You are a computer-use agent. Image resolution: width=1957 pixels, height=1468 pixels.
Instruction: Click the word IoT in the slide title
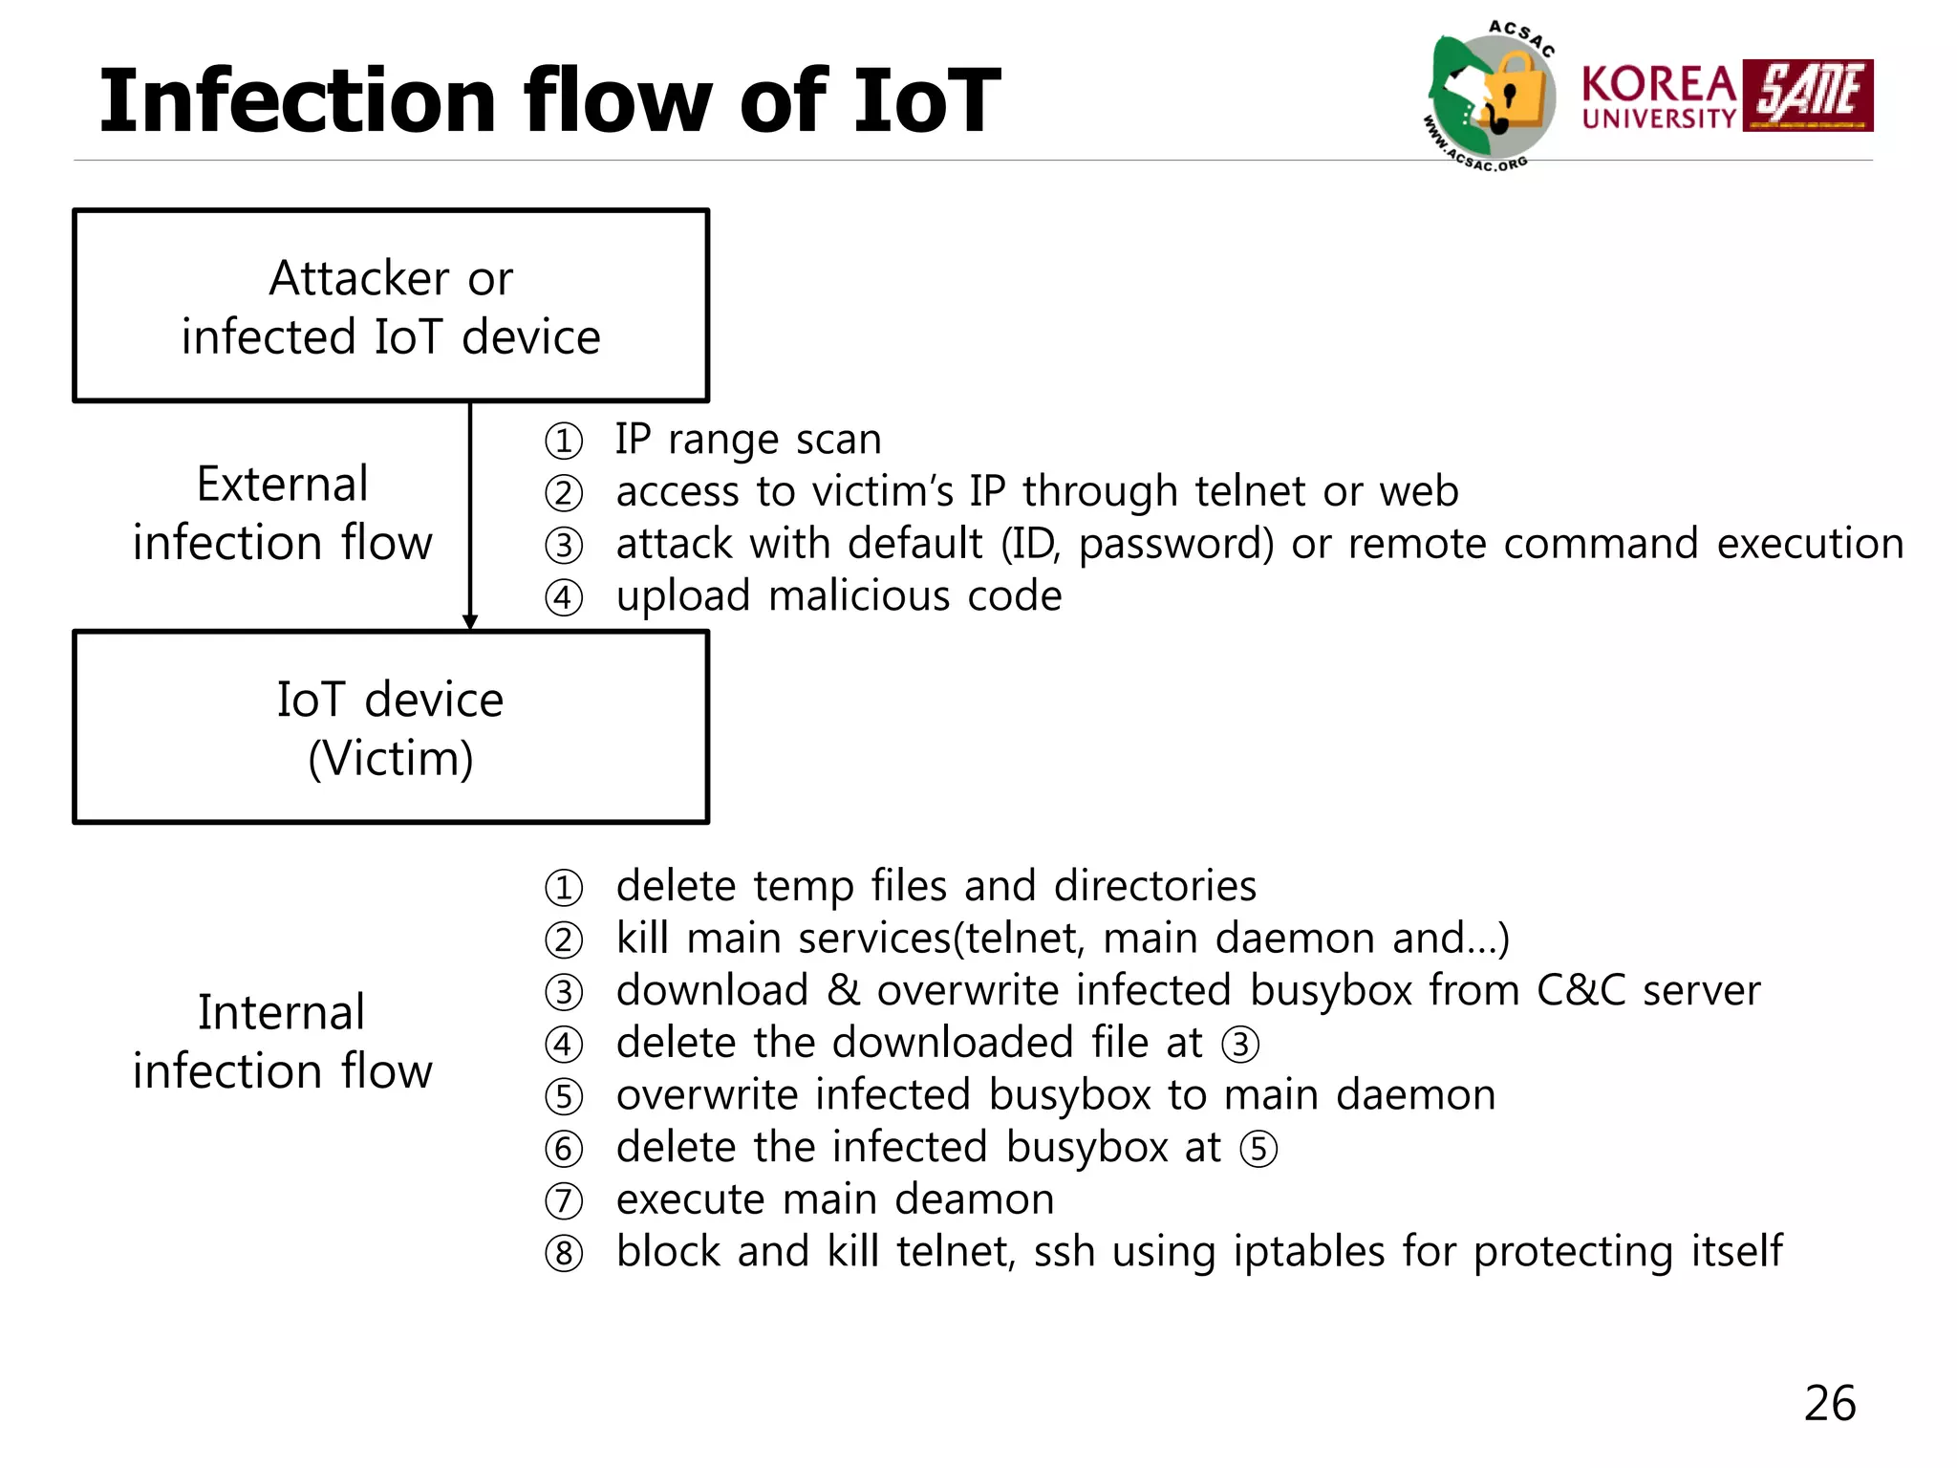[x=925, y=101]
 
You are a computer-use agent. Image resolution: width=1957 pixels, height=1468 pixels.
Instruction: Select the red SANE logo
[x=1807, y=96]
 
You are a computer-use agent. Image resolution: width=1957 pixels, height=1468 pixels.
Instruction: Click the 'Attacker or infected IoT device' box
[x=391, y=306]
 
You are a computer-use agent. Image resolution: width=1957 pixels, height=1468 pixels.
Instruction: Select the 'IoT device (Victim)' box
[x=391, y=727]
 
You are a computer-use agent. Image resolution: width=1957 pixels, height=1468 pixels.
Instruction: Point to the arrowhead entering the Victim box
[x=469, y=621]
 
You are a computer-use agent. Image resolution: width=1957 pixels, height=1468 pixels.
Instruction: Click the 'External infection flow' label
[x=282, y=513]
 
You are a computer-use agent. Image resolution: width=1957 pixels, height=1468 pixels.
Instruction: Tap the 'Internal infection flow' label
[x=282, y=1041]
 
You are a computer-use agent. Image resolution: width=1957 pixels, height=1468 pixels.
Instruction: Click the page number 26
[x=1829, y=1403]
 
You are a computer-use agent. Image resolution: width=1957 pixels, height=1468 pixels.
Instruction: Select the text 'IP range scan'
[x=747, y=440]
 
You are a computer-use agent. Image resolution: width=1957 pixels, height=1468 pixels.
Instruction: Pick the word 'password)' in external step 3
[x=1176, y=544]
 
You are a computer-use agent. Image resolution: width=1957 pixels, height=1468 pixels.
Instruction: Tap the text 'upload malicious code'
[x=838, y=596]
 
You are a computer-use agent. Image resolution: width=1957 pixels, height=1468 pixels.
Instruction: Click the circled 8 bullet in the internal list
[x=564, y=1253]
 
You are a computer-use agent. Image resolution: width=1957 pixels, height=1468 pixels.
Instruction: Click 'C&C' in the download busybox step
[x=1581, y=990]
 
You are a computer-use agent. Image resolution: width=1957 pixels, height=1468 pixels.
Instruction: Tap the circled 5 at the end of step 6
[x=1258, y=1148]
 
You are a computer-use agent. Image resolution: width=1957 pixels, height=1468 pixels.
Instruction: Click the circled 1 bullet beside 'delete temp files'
[x=564, y=888]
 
